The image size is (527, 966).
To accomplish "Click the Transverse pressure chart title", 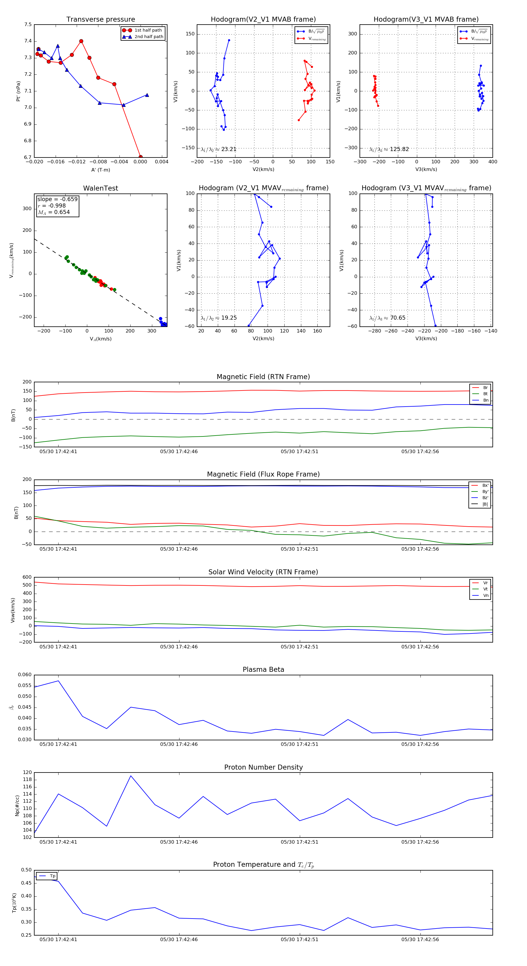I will [100, 20].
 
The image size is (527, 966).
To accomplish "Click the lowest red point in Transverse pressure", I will [140, 157].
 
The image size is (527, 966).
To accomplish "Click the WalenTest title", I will [100, 188].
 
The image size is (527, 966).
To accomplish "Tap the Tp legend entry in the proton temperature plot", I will [52, 876].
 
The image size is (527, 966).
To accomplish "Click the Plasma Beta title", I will [263, 670].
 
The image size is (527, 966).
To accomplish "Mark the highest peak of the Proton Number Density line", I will [131, 775].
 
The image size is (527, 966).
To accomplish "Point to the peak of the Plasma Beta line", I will [58, 681].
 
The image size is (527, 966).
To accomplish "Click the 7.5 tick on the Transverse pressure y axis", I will [28, 25].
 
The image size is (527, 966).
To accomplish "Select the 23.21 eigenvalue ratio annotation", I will [219, 149].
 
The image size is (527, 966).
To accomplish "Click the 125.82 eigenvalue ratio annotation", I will [389, 149].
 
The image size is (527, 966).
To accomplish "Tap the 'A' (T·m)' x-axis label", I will [100, 170].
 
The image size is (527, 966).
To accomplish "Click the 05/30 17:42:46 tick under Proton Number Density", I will [179, 842].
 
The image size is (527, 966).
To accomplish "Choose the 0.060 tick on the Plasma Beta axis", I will [25, 675].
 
